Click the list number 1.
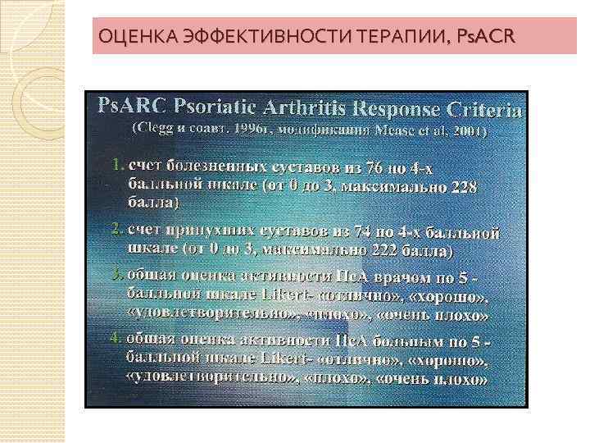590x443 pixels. coord(116,164)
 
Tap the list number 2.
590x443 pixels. coord(116,226)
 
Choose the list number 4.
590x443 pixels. coord(116,338)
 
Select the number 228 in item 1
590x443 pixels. coord(463,186)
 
